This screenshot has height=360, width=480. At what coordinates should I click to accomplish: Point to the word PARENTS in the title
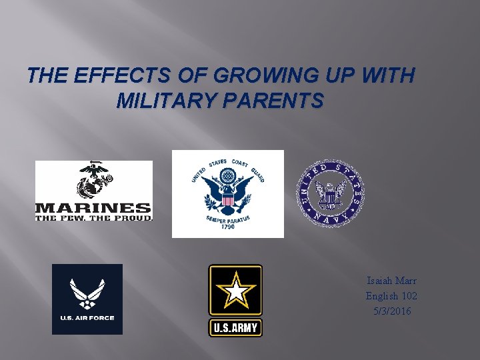tap(279, 101)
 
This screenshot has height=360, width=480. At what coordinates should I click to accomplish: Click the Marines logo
tap(94, 191)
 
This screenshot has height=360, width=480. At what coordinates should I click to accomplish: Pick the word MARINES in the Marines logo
tap(93, 207)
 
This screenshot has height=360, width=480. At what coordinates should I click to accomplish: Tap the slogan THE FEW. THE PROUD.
tap(93, 217)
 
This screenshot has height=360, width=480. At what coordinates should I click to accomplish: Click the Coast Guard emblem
tap(227, 194)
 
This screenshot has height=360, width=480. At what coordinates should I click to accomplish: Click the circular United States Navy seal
tap(331, 194)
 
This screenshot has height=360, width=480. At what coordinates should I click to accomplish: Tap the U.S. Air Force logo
tap(87, 299)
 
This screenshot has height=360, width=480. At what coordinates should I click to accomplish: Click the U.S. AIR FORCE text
tap(87, 318)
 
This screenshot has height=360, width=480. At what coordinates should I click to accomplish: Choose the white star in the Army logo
tap(235, 291)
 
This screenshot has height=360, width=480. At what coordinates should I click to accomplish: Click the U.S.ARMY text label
tap(235, 328)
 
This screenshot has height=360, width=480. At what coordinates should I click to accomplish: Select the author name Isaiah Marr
tap(391, 281)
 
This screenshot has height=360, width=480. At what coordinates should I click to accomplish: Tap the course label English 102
tap(391, 296)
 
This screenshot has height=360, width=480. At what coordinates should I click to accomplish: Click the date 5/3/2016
tap(391, 311)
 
